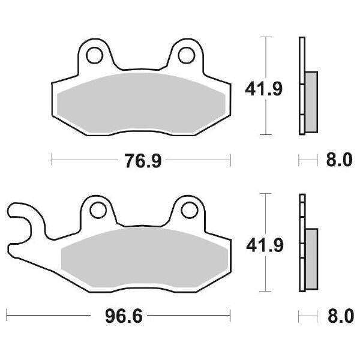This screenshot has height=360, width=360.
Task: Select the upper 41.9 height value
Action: tap(263, 89)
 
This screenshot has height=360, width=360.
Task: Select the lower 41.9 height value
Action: tap(263, 245)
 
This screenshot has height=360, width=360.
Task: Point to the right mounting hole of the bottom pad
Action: tap(187, 210)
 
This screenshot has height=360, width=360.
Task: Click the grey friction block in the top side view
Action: tap(311, 102)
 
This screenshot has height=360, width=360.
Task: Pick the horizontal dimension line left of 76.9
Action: tap(84, 160)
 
